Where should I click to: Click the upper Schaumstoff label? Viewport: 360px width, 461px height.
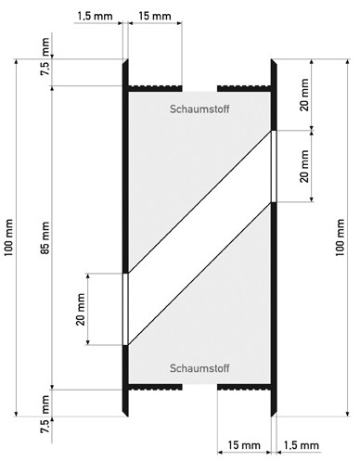coord(199,109)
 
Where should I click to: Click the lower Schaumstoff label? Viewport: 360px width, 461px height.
coord(199,368)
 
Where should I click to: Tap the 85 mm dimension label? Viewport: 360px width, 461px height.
coord(45,237)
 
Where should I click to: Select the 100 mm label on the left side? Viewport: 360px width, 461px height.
coord(8,237)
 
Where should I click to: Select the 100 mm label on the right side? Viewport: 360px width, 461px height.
coord(340,237)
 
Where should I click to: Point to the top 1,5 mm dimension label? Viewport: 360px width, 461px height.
coord(95,16)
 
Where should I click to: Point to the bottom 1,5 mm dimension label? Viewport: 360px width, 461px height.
coord(301,445)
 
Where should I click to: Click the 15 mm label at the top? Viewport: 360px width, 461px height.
coord(155,16)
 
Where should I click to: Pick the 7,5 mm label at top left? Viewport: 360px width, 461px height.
coord(45,57)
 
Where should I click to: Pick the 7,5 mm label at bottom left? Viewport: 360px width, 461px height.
coord(45,414)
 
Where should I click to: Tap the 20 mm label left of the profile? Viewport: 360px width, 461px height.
coord(81,309)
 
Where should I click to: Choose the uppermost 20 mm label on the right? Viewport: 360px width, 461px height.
coord(304,95)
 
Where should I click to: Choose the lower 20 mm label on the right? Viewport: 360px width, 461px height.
coord(304,166)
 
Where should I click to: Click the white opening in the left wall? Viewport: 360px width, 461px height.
coord(125,309)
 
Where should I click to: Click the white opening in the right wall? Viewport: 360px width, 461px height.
coord(274,166)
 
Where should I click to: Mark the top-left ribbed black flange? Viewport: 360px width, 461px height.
coord(155,88)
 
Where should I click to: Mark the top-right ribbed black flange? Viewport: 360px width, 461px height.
coord(244,88)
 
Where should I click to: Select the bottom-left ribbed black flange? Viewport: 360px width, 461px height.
coord(155,387)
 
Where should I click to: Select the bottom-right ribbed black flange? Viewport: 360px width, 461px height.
coord(244,387)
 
